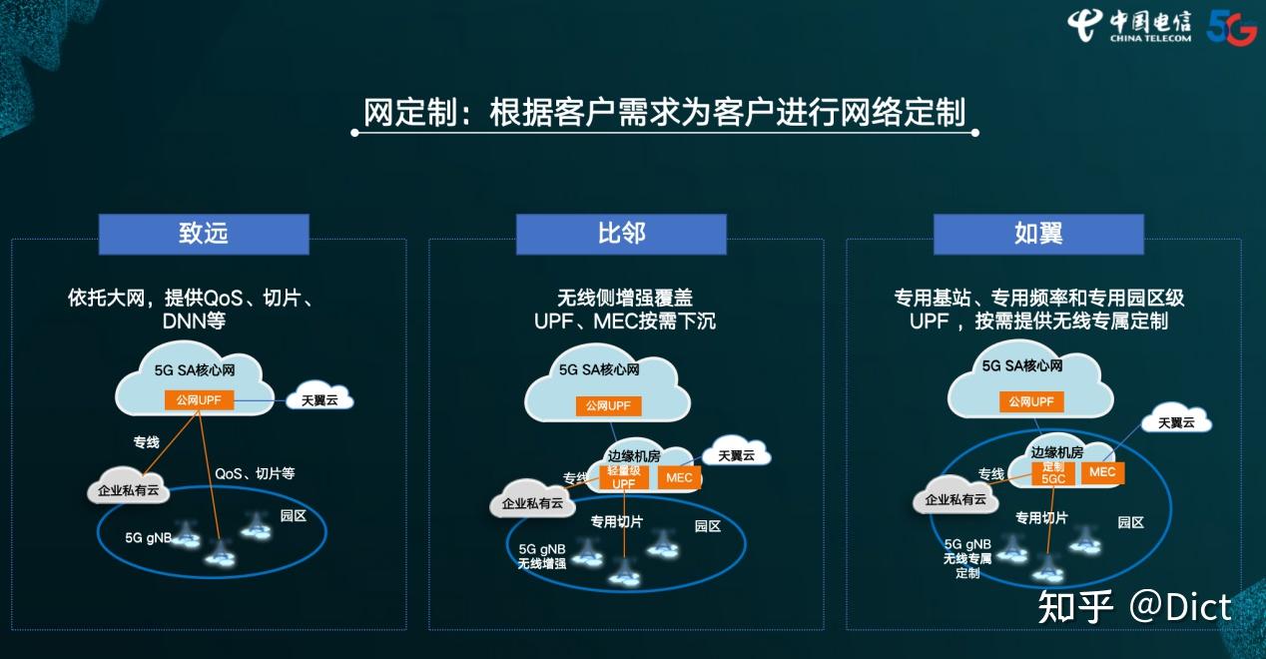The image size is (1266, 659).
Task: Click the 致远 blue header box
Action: (x=204, y=234)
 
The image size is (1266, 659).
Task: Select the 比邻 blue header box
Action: (x=621, y=234)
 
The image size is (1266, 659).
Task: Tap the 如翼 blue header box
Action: (x=1038, y=234)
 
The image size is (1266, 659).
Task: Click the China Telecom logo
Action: (x=1128, y=25)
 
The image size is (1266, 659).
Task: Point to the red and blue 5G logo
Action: (x=1231, y=27)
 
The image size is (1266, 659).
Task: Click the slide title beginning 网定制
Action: (x=665, y=113)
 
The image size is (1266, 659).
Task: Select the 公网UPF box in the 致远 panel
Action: (x=200, y=400)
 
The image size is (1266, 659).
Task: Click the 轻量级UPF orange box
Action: (x=623, y=477)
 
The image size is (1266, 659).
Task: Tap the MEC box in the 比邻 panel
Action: (x=679, y=478)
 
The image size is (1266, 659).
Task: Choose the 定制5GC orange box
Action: (x=1053, y=472)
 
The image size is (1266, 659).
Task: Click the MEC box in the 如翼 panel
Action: (x=1102, y=472)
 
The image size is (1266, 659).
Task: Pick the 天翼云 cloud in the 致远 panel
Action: (x=319, y=400)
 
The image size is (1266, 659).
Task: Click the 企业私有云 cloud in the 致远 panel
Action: (x=129, y=490)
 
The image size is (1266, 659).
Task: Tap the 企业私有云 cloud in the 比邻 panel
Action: (x=532, y=503)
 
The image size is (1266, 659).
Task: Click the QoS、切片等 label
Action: (x=255, y=473)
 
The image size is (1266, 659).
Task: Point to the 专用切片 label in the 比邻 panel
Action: (x=616, y=521)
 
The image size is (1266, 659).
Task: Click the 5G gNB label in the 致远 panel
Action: (x=149, y=537)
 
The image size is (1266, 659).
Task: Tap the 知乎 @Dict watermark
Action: (x=1134, y=606)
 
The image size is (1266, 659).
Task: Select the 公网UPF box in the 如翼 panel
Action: (x=1031, y=401)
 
